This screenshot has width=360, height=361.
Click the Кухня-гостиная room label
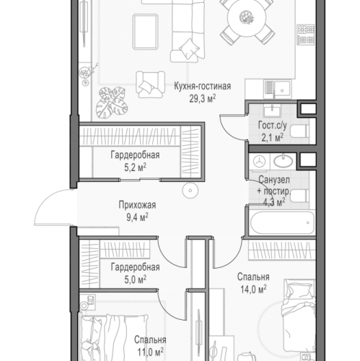tap(202, 86)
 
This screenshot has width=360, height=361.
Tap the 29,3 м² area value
tap(202, 98)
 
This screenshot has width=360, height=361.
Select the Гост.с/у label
tap(272, 125)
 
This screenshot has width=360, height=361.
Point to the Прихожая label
tap(137, 205)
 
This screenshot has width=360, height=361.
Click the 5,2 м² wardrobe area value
tap(135, 168)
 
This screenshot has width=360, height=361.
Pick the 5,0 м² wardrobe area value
tap(135, 279)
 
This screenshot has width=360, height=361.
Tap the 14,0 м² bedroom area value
tap(253, 289)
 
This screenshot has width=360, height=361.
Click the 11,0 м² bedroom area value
tap(150, 352)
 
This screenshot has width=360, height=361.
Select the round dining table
tap(247, 18)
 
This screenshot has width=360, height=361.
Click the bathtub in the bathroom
tap(282, 223)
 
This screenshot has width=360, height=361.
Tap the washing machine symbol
tap(260, 162)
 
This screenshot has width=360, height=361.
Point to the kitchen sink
tap(278, 90)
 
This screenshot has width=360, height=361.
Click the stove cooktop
tap(306, 34)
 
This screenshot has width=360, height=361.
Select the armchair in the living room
tap(150, 84)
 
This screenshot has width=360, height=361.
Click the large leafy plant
tap(112, 103)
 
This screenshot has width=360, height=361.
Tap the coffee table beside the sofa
tap(145, 32)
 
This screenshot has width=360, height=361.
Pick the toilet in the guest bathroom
tap(299, 131)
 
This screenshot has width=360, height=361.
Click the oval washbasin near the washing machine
tap(284, 162)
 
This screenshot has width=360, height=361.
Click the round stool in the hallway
tap(190, 191)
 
